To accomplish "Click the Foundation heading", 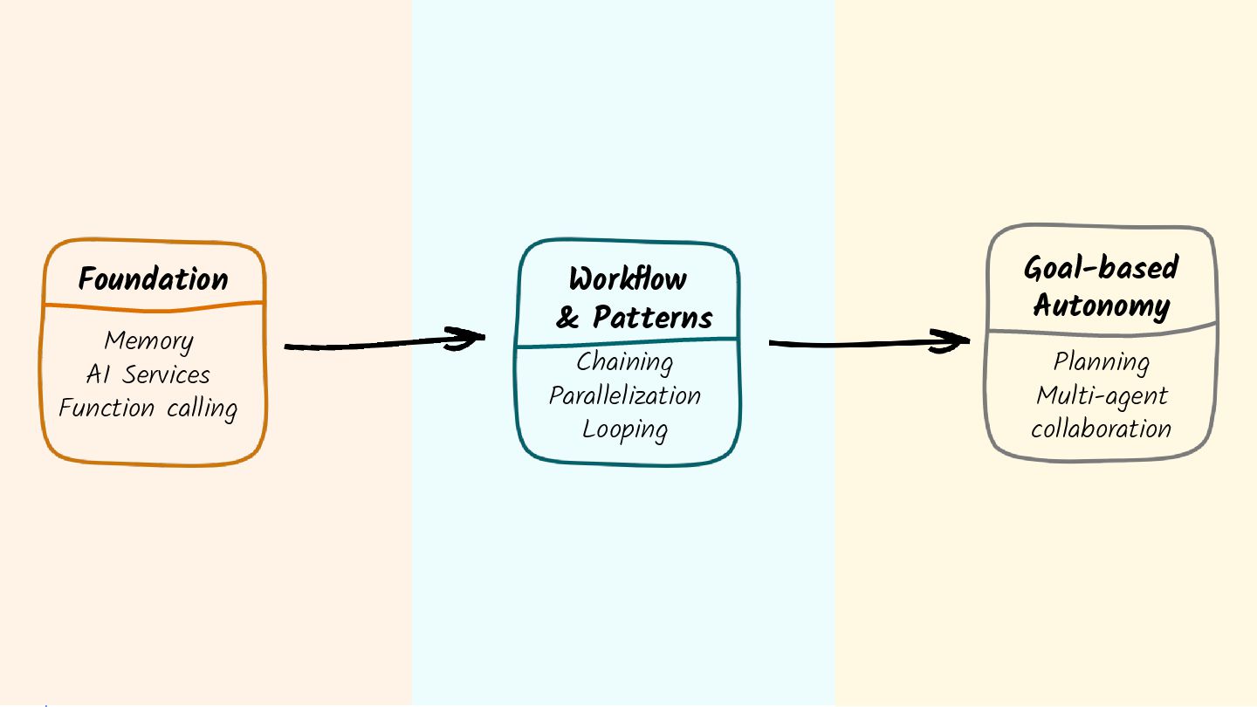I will pos(154,279).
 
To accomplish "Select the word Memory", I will pos(148,340).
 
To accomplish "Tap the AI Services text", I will pos(148,374).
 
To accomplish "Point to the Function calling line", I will pos(148,408).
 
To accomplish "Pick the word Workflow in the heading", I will pos(628,279).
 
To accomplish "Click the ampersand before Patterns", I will pos(567,318).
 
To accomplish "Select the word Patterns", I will pos(653,317).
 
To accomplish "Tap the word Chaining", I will pos(625,361).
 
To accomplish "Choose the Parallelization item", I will pos(625,395).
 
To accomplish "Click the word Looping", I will pos(625,429).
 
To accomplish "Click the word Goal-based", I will pos(1101,268).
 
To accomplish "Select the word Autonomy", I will pos(1101,305).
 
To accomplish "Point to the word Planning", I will pos(1101,361).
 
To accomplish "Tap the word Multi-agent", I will pos(1102,396).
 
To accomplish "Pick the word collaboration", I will pos(1101,429).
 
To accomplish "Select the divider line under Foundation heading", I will pos(154,305).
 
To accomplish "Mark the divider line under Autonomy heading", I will pos(1102,332).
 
